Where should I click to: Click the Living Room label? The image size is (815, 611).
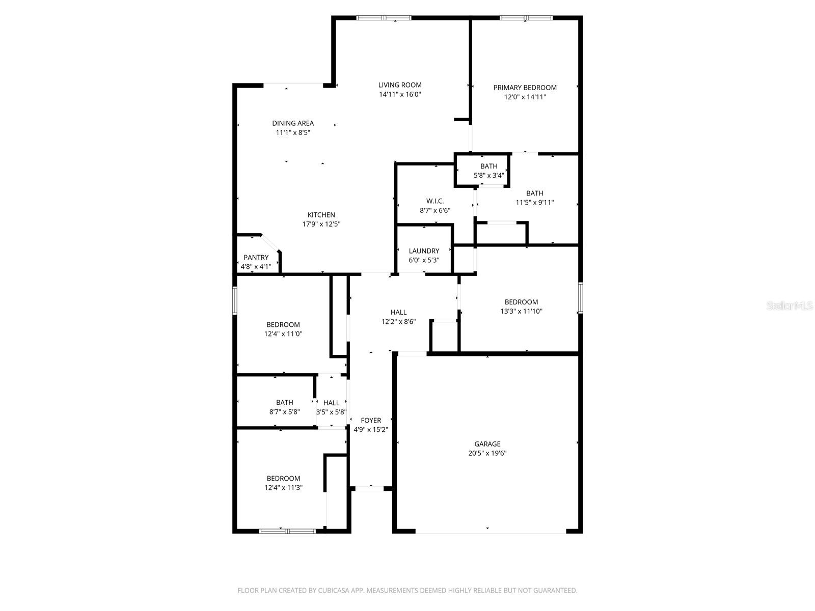tap(400, 85)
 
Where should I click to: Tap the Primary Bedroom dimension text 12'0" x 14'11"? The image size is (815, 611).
tap(525, 97)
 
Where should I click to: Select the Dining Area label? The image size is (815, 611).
tap(293, 123)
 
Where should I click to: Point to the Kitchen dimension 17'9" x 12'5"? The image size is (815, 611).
tap(321, 224)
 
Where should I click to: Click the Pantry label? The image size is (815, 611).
tap(256, 258)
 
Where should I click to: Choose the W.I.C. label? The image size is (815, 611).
tap(435, 201)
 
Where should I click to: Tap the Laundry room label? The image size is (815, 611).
tap(424, 251)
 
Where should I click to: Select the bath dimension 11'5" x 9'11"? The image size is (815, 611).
tap(535, 203)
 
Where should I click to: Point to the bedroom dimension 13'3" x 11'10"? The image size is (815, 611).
tap(521, 311)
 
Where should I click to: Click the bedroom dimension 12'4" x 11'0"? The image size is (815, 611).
tap(283, 334)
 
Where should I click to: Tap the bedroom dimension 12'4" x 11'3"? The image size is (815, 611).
tap(284, 488)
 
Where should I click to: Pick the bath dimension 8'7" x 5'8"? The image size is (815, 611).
tap(284, 412)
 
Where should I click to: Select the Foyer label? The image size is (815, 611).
tap(371, 421)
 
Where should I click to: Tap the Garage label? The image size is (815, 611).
tap(487, 444)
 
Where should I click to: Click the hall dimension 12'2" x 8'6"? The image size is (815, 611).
tap(398, 321)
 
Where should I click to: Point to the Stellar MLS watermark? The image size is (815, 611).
tap(790, 305)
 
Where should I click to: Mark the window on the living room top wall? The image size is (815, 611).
tap(384, 18)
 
